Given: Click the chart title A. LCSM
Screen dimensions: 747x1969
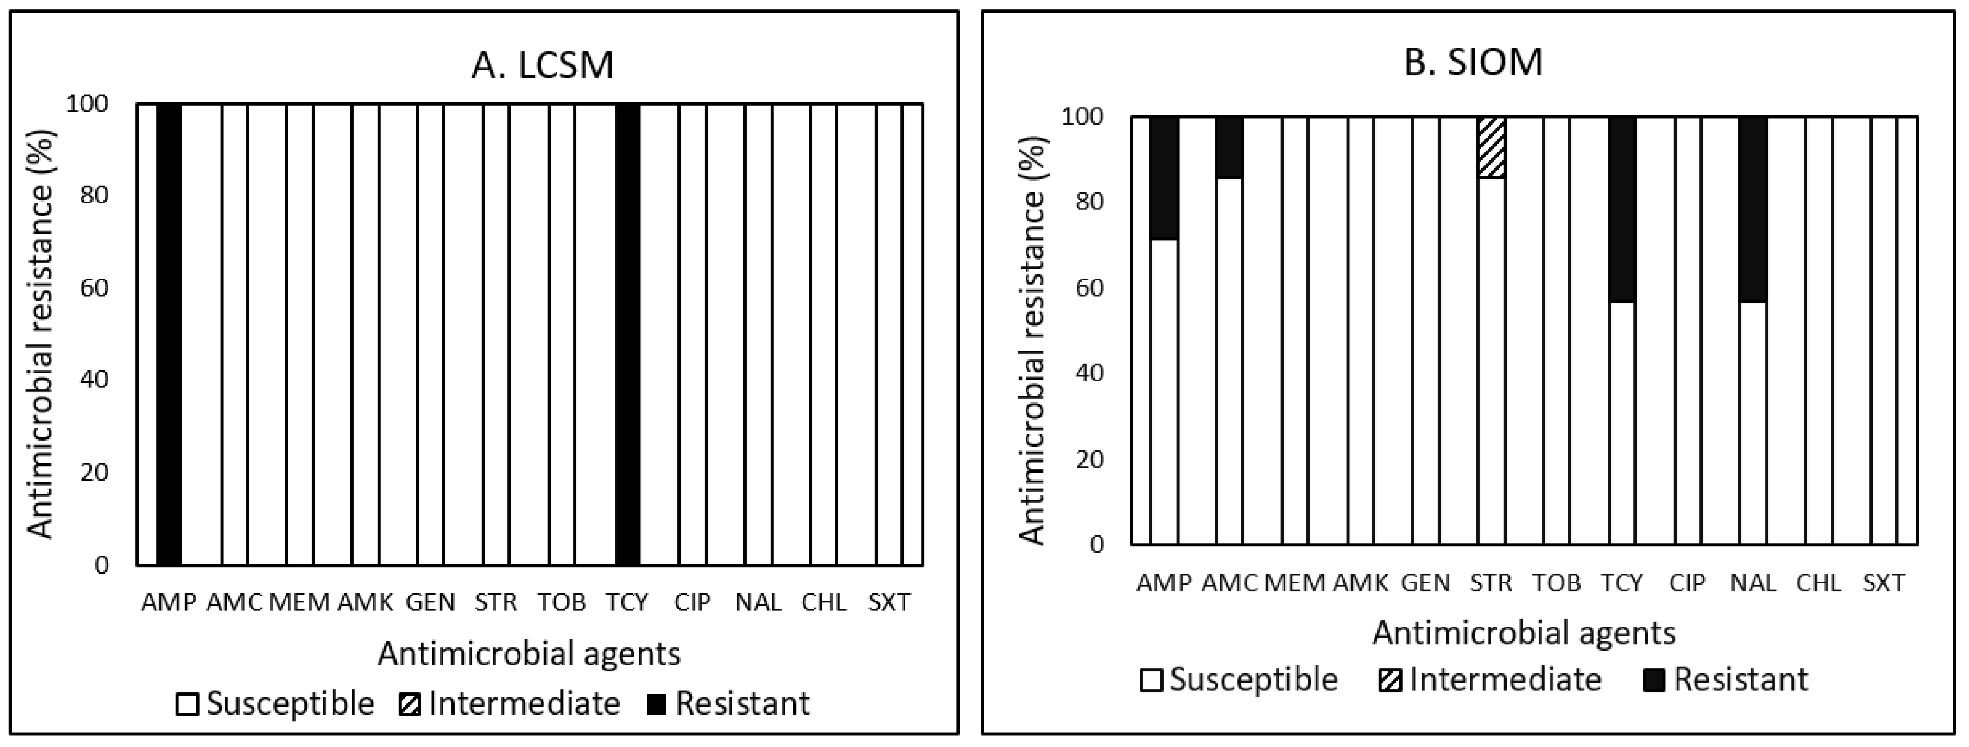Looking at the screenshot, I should click(x=542, y=65).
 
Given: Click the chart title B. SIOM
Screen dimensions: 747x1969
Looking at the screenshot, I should click(x=1473, y=62).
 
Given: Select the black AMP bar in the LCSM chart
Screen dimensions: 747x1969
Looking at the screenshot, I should click(x=169, y=334).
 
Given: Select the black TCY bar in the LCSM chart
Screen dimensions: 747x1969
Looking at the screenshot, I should click(x=627, y=334).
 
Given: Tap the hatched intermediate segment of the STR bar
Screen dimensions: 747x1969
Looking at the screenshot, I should click(x=1491, y=147).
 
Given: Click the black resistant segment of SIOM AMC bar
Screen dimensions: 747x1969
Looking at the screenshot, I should click(x=1229, y=147).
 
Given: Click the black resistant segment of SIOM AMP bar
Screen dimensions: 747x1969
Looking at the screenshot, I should click(x=1164, y=178).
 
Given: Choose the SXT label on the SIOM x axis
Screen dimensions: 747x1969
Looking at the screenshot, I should click(x=1883, y=582).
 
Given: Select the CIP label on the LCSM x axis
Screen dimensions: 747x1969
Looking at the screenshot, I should click(x=692, y=602).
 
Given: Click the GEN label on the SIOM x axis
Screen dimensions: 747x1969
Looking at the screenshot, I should click(x=1425, y=582).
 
